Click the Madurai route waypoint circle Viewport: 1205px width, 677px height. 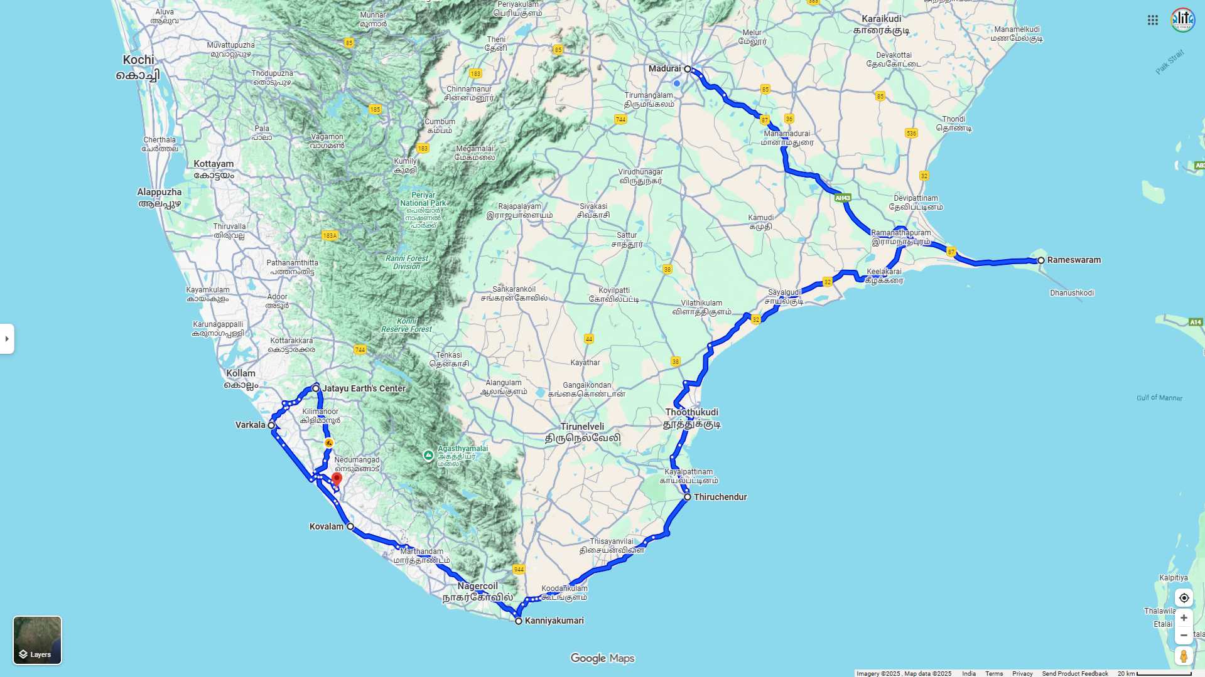(688, 69)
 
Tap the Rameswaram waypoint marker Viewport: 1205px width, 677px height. (1041, 260)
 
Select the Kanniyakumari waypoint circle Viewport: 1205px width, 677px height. (519, 621)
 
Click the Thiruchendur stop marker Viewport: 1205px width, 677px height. (688, 497)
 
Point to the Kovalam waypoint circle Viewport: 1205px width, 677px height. (350, 526)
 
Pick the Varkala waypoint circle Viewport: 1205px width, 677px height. (271, 425)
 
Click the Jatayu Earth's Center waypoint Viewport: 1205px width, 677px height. (316, 388)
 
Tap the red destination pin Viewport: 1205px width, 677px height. (337, 480)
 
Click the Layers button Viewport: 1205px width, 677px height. (38, 640)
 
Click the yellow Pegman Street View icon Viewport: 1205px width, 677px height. (1184, 656)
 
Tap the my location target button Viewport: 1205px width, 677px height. (1184, 598)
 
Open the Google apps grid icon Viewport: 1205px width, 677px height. (1153, 20)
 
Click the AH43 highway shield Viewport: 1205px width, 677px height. (843, 198)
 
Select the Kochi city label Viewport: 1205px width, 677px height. (138, 67)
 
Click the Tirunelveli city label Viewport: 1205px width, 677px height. (583, 432)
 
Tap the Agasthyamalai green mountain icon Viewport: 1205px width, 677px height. (428, 456)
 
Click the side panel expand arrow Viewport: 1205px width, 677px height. (7, 339)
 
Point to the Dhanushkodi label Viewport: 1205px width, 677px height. (1072, 293)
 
